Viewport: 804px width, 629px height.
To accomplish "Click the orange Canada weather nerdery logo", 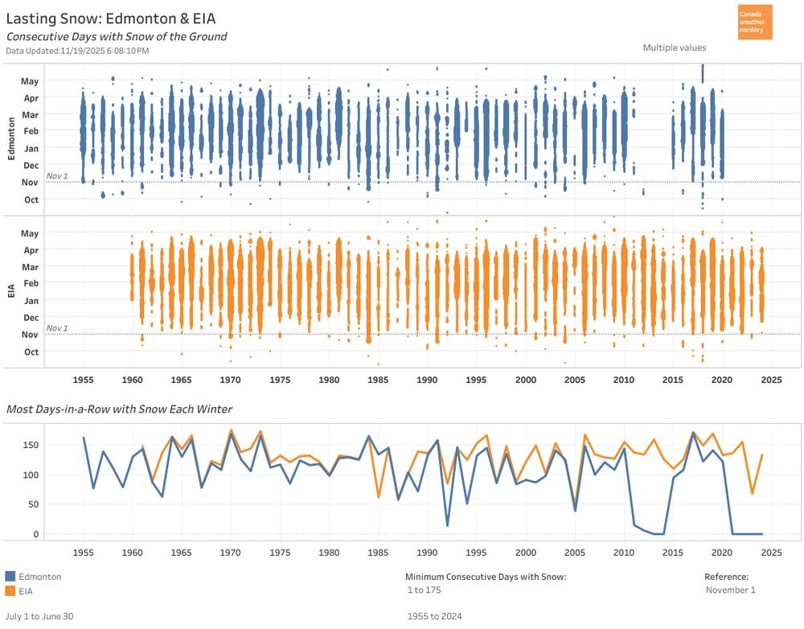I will coord(754,22).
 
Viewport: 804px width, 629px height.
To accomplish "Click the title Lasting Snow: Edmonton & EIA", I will coord(110,18).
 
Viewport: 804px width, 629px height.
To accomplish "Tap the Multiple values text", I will coord(675,47).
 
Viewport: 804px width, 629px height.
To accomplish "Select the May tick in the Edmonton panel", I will coord(29,81).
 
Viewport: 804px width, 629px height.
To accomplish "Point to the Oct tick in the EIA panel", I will coord(31,351).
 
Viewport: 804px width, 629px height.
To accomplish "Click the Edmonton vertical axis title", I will coord(10,138).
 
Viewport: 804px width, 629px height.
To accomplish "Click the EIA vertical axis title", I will coord(10,291).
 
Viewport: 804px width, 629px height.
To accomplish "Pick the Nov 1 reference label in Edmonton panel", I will coord(57,175).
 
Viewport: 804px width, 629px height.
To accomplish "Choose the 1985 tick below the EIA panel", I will coord(379,379).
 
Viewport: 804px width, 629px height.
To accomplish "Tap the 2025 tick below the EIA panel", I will coord(772,379).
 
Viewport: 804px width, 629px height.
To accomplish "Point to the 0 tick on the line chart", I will coord(35,533).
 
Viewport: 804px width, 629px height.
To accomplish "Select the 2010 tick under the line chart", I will coord(624,553).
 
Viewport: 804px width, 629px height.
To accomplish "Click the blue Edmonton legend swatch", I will coord(10,577).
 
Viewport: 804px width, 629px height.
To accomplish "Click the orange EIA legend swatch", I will coord(10,591).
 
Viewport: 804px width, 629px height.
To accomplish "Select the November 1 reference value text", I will coord(730,590).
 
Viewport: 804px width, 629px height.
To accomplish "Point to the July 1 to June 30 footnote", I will coord(39,616).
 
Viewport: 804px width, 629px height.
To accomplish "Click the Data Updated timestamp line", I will coord(77,51).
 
